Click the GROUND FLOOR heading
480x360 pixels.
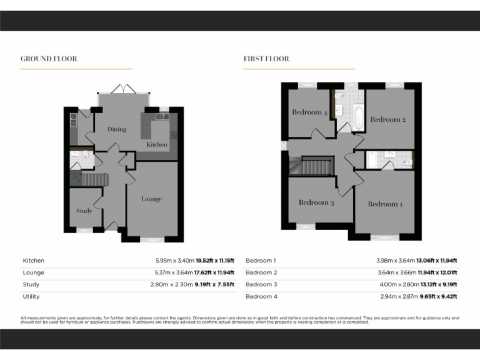click(x=49, y=59)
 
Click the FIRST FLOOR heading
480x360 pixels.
click(x=266, y=59)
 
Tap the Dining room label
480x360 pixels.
click(x=117, y=129)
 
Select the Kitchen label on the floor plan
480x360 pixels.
click(x=157, y=144)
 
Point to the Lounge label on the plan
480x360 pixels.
click(x=151, y=199)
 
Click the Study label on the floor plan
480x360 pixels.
click(x=84, y=211)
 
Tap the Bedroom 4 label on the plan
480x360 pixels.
click(x=309, y=112)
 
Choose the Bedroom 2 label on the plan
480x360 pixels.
click(x=388, y=119)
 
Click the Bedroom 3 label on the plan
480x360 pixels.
click(x=316, y=202)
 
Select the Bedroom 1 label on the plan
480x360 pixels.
click(x=385, y=204)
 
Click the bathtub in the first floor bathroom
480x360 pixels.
click(x=358, y=117)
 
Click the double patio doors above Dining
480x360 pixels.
click(x=124, y=91)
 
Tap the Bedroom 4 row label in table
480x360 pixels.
click(x=261, y=296)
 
